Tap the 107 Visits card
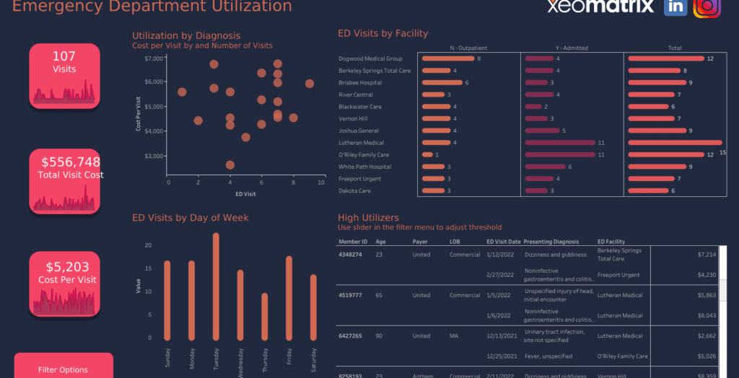point(64,63)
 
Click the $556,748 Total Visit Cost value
point(71,162)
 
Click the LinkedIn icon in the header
point(675,6)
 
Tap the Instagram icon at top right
point(707,6)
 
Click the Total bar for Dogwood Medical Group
point(665,58)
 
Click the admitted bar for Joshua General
point(542,131)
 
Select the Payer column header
point(420,242)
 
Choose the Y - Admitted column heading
point(572,48)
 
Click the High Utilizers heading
point(368,217)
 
